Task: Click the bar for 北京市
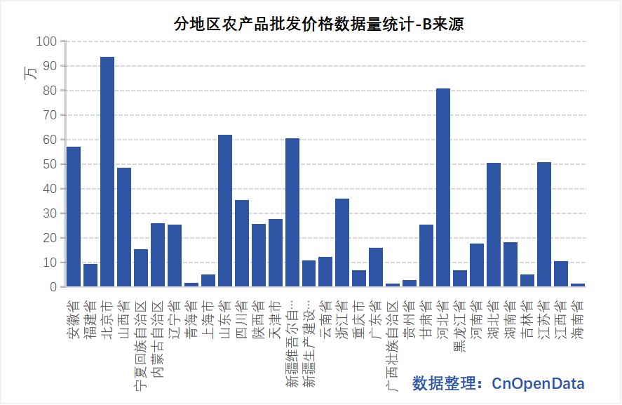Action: point(107,172)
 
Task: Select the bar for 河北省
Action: point(443,188)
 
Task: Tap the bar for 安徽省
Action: point(74,217)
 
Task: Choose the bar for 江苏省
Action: point(544,225)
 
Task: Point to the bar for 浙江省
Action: point(342,243)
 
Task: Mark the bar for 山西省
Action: point(124,227)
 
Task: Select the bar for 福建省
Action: point(90,275)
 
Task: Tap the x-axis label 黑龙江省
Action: point(460,326)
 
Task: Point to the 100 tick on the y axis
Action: point(47,41)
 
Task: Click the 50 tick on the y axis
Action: point(50,164)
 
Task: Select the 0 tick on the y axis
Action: point(53,287)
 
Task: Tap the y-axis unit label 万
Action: point(31,74)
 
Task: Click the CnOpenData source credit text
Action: point(498,383)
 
